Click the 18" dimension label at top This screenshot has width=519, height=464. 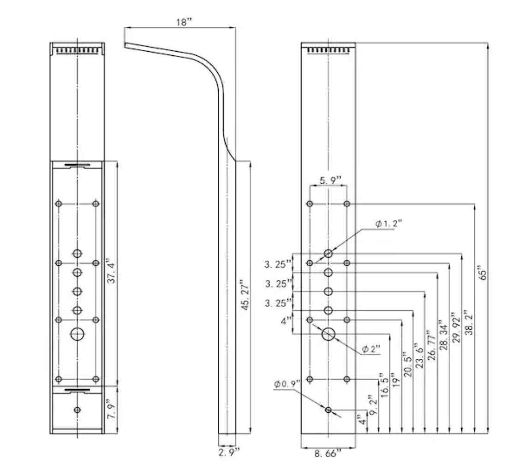pos(184,22)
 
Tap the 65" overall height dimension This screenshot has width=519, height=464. pos(483,272)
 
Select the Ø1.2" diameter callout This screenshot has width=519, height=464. pos(389,224)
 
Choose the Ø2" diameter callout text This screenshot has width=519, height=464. pos(371,349)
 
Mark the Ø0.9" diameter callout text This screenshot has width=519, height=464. pos(286,384)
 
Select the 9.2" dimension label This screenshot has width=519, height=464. pos(372,405)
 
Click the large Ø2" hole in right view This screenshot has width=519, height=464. pos(328,334)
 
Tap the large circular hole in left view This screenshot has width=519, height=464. pos(77,334)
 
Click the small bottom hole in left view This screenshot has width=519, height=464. pos(77,410)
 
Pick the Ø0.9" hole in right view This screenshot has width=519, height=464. pos(328,410)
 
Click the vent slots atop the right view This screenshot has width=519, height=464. pos(328,49)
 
